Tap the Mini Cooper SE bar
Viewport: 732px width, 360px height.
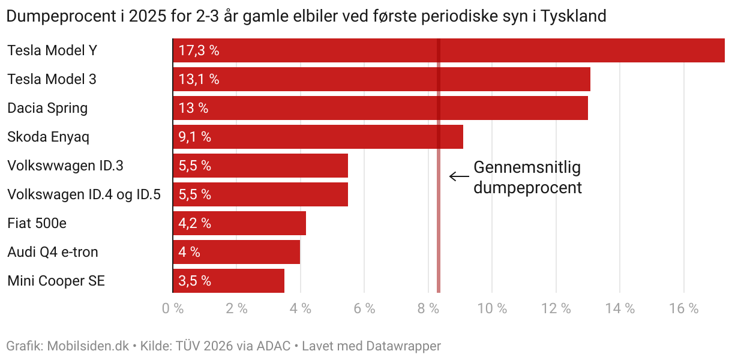tap(229, 281)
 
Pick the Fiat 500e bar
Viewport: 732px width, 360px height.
tap(239, 223)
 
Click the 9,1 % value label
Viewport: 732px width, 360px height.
tap(195, 137)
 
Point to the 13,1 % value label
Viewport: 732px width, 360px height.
tap(199, 79)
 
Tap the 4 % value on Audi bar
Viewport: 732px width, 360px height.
tap(189, 252)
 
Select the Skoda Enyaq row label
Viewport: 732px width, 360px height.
tap(48, 137)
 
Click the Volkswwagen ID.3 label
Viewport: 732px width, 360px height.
tap(65, 166)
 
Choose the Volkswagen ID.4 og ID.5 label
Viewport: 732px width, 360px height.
tap(83, 194)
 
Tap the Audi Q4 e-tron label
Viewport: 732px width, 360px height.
tap(52, 252)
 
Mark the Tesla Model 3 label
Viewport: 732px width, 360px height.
tap(52, 79)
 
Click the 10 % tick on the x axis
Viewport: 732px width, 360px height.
tap(492, 308)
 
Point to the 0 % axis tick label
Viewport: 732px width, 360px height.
tap(173, 308)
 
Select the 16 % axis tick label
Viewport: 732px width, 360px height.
tap(684, 308)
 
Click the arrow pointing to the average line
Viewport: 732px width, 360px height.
tap(459, 176)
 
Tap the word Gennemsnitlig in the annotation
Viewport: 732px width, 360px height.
tap(527, 167)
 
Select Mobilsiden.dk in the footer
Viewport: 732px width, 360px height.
tap(88, 346)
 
